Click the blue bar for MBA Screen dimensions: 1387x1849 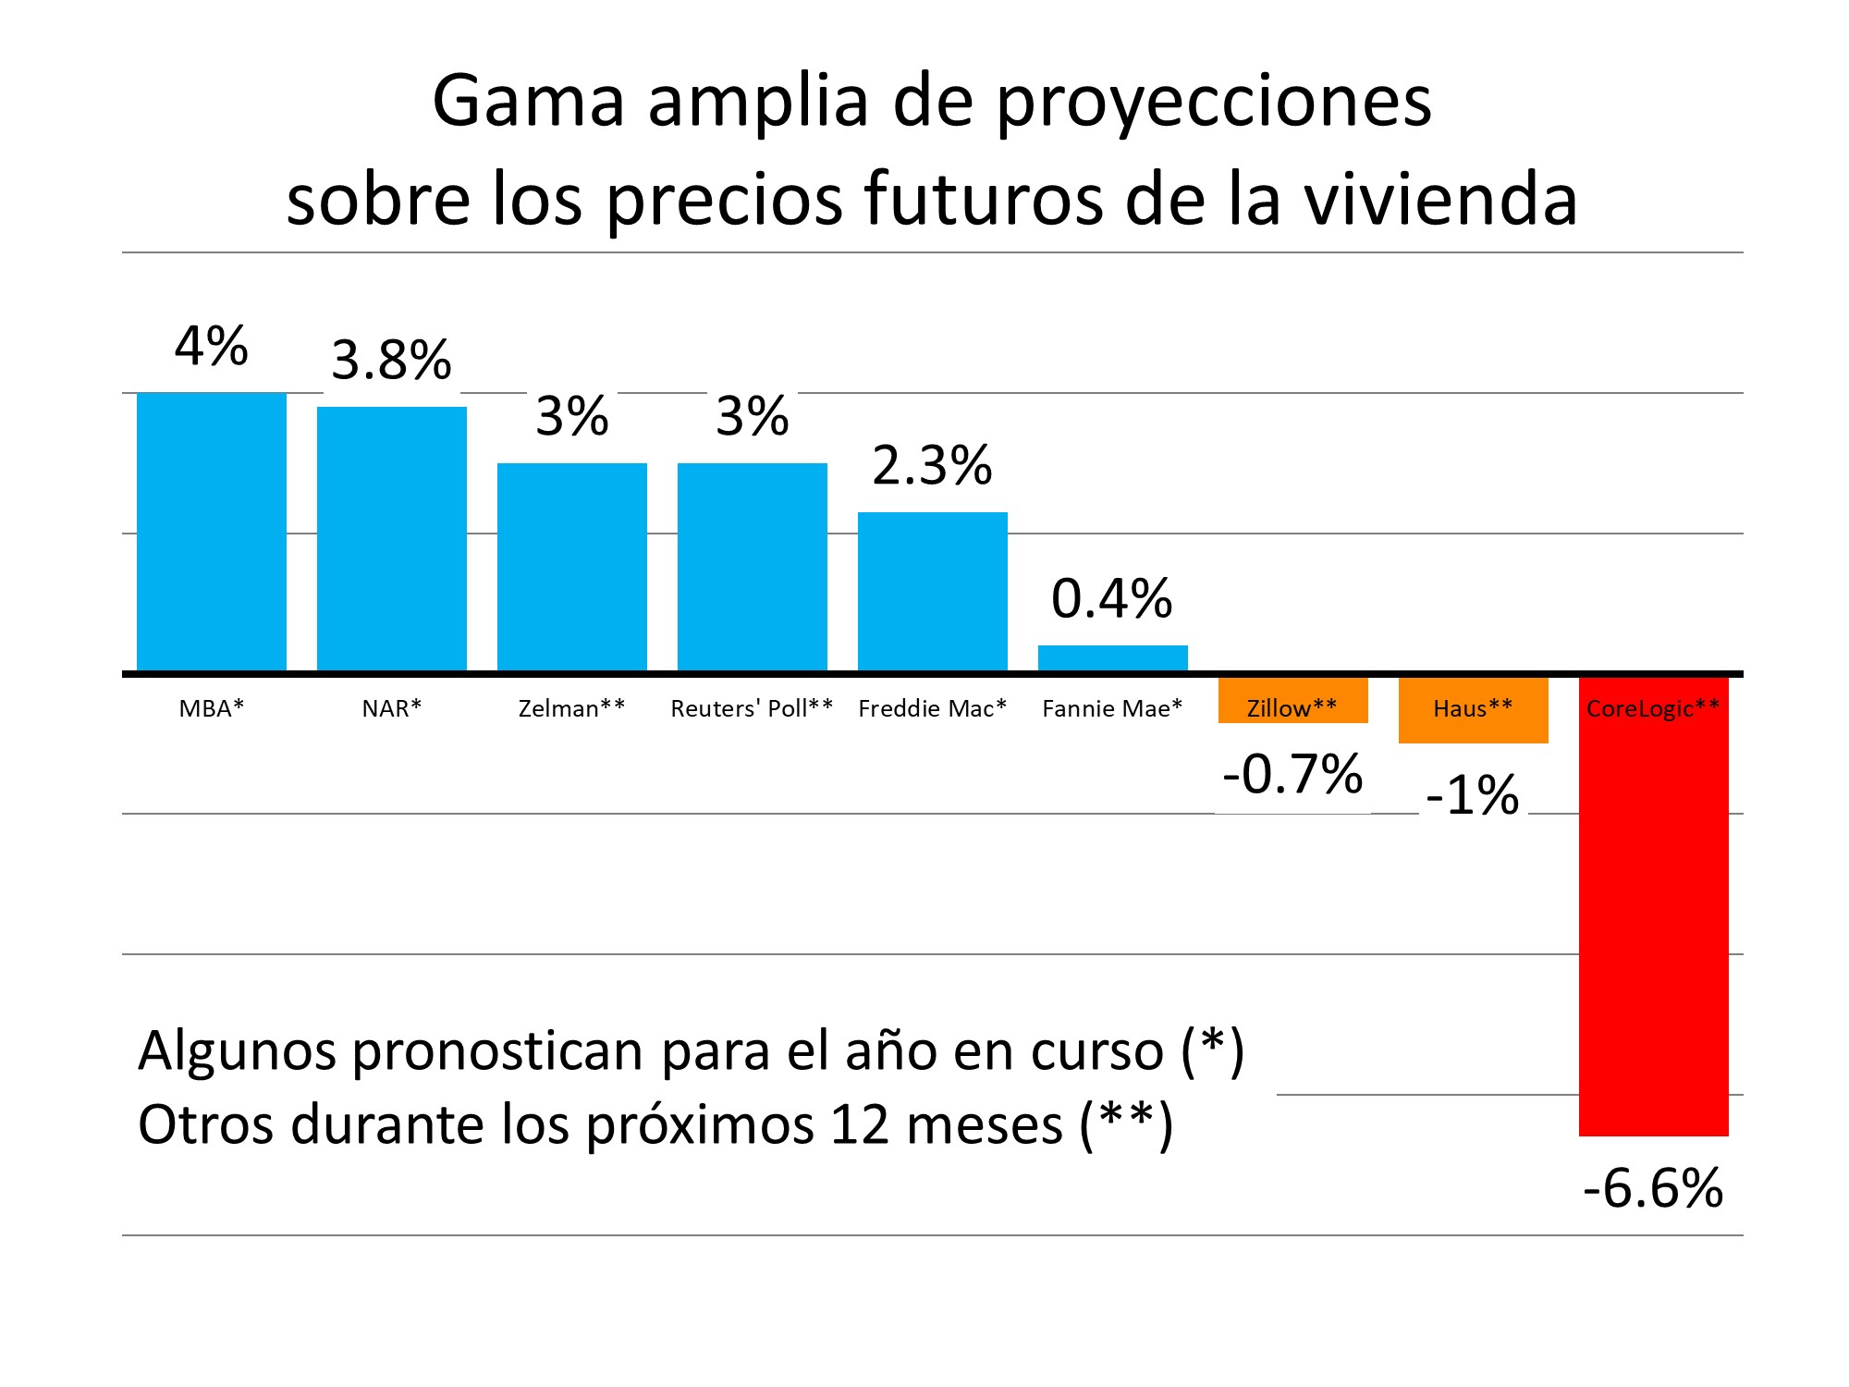point(211,532)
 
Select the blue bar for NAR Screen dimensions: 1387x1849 point(391,539)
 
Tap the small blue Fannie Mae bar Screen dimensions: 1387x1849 point(1112,657)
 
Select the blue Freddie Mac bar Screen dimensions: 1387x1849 point(932,592)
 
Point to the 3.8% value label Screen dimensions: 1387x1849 point(391,360)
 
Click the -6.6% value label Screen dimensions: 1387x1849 point(1653,1188)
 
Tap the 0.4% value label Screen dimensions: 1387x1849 point(1112,598)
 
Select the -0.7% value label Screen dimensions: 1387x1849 point(1292,774)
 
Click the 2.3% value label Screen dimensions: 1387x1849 point(932,465)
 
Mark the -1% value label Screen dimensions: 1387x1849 point(1473,795)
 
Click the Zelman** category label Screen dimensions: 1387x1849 point(571,708)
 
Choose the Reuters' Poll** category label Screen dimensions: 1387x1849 point(752,708)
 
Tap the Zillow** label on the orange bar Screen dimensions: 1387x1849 point(1292,708)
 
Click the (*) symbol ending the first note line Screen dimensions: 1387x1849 point(1213,1050)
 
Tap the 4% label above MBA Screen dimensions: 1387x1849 point(211,347)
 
